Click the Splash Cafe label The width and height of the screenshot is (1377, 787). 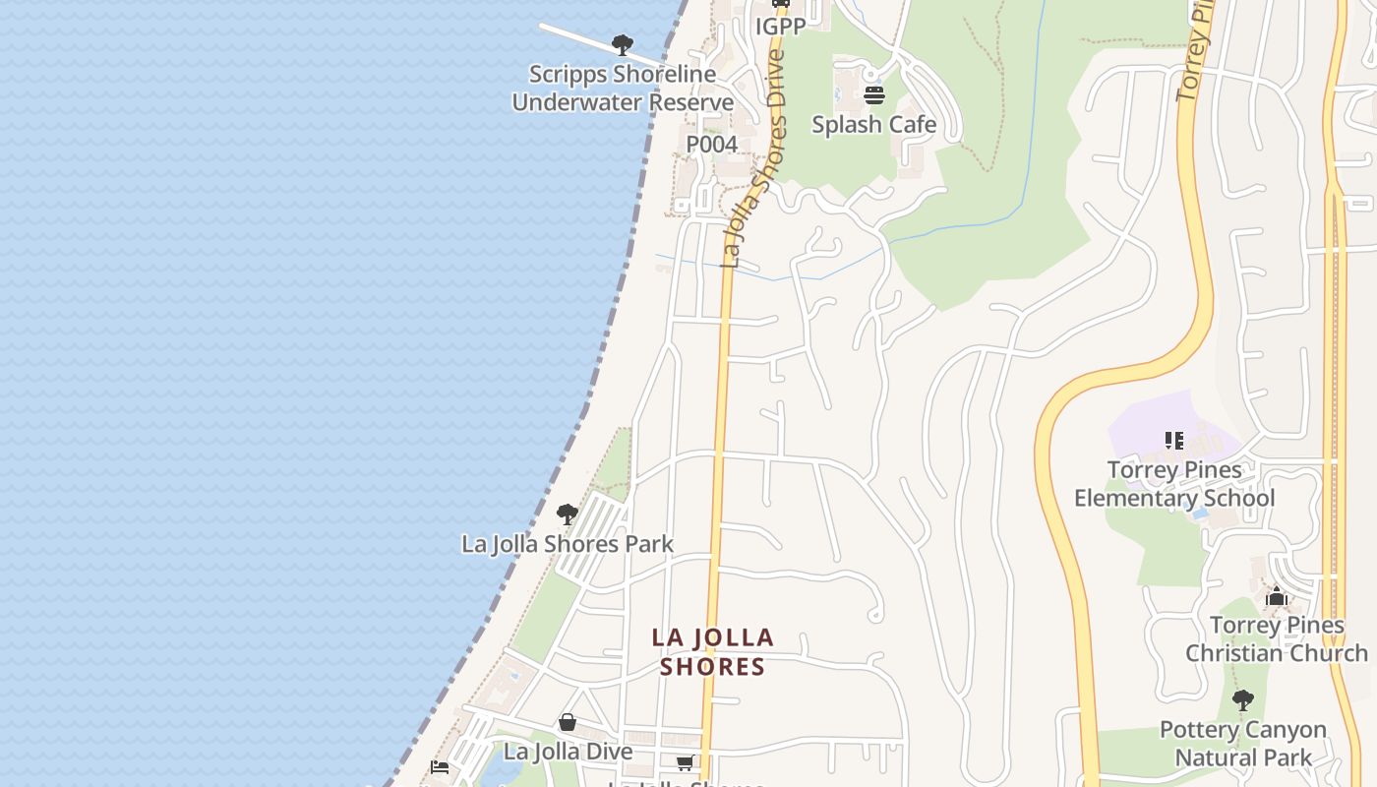click(873, 125)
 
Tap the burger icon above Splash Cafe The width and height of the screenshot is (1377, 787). click(873, 95)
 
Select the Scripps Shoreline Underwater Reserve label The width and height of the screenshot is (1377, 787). click(623, 88)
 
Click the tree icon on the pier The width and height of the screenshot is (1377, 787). click(622, 44)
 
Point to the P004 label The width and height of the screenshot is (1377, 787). click(711, 145)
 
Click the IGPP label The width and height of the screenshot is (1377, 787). click(780, 27)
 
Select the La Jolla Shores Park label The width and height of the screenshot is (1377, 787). click(568, 544)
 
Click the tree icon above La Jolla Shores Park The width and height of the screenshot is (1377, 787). click(567, 514)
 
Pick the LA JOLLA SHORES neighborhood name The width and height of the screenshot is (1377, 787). click(713, 652)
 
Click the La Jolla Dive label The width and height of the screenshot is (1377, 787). click(568, 752)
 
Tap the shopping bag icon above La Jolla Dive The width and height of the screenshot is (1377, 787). click(568, 723)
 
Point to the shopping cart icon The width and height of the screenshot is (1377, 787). click(685, 762)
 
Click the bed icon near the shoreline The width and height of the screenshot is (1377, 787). click(440, 767)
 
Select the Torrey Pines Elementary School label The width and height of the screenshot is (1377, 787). click(1174, 484)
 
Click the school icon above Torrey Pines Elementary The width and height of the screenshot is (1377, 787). click(1173, 440)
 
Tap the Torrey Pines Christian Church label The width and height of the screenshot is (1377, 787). click(1277, 639)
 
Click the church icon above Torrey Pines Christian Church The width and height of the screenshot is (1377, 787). click(1277, 596)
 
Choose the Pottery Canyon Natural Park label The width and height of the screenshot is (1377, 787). click(1243, 744)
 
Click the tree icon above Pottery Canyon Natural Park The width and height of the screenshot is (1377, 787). click(1243, 700)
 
